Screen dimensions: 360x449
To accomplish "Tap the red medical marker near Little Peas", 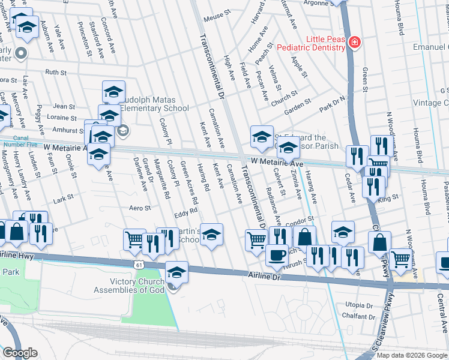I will [355, 42].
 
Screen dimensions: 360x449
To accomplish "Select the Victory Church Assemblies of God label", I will [128, 286].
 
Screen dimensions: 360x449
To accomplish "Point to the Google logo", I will [20, 353].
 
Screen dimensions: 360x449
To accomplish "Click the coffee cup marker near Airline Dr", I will [276, 255].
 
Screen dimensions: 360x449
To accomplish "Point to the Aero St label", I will [139, 208].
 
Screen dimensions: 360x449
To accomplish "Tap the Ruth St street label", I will [55, 71].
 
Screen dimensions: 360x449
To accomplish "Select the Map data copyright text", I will [412, 355].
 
